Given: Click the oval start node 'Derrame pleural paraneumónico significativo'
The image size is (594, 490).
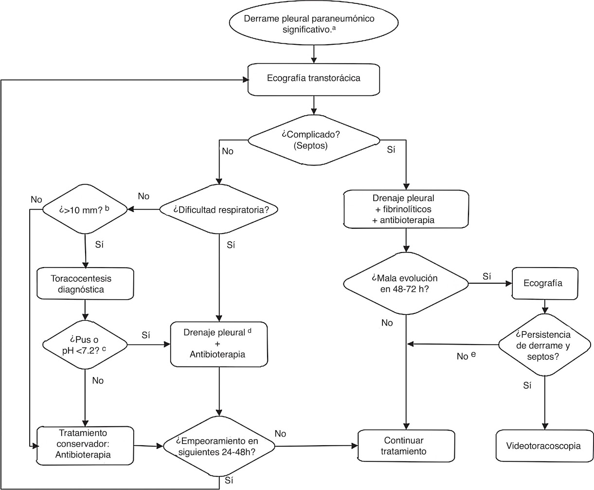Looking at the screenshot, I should (316, 23).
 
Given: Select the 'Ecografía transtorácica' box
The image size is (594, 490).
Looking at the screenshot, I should (314, 78).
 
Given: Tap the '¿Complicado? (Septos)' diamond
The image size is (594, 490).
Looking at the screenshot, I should (314, 140).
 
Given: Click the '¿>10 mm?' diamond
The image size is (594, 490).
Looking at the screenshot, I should (85, 210).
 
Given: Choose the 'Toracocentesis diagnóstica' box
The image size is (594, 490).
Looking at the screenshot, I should (85, 284).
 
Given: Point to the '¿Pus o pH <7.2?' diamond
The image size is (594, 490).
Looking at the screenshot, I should (85, 345).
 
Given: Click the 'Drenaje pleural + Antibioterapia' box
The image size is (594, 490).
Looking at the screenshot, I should (219, 344).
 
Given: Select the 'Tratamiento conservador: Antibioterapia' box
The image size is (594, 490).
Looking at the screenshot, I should (85, 444).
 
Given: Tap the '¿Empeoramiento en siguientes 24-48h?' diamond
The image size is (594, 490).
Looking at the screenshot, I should (219, 446).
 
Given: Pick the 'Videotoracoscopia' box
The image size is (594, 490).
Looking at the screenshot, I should (543, 446).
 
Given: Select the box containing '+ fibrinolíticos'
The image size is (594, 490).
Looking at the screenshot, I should (406, 209).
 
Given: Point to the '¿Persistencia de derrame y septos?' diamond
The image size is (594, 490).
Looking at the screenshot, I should (543, 345).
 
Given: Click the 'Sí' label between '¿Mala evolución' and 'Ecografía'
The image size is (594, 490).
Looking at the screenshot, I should (486, 276).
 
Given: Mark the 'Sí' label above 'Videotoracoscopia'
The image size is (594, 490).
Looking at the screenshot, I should (527, 385).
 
